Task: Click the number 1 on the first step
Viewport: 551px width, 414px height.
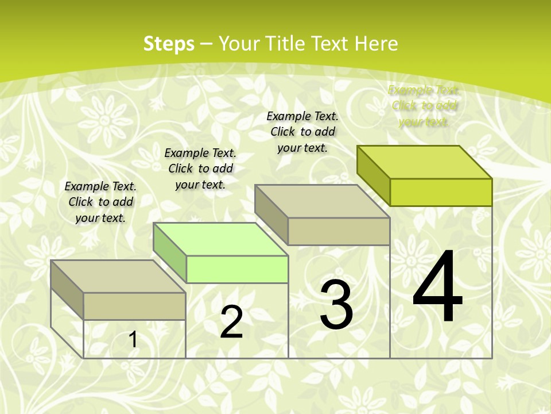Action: click(133, 340)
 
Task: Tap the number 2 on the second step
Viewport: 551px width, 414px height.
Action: click(231, 322)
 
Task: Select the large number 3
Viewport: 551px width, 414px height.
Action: click(336, 304)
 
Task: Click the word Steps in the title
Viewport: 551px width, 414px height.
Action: click(169, 44)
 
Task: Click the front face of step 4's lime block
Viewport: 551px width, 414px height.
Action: click(441, 192)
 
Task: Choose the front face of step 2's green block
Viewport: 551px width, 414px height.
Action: click(237, 269)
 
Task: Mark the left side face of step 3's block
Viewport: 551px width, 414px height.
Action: click(271, 214)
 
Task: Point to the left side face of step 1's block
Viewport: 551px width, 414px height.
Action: click(67, 289)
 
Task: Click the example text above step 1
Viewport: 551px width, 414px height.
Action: click(100, 202)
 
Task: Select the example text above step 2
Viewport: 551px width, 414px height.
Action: click(200, 168)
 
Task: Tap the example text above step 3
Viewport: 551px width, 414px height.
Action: click(302, 132)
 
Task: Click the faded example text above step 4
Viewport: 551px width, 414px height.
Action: click(424, 106)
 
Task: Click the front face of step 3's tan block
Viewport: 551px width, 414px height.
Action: click(339, 231)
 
